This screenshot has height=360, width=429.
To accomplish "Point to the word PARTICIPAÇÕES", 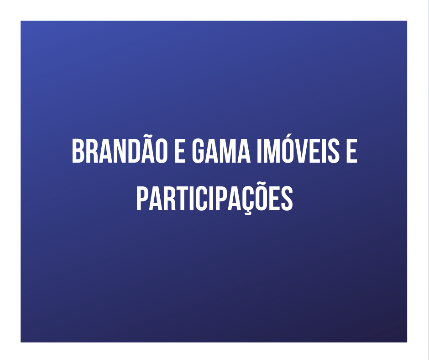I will [x=214, y=197].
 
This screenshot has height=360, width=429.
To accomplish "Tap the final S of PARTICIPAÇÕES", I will [x=286, y=197].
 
